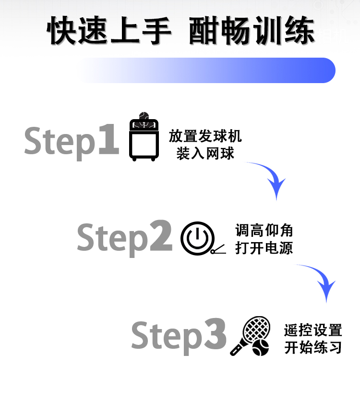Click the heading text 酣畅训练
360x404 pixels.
[x=252, y=31]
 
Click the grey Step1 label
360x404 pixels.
[x=71, y=140]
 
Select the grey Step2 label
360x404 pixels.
[x=124, y=237]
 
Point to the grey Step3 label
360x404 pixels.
[x=179, y=335]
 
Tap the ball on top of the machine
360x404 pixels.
[x=144, y=117]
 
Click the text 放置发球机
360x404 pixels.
[x=205, y=136]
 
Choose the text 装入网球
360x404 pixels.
[x=205, y=154]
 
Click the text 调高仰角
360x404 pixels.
[x=264, y=231]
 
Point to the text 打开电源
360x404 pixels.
[x=264, y=248]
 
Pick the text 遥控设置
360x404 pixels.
[x=313, y=331]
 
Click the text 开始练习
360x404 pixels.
[x=313, y=348]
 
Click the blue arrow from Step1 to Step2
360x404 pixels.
[x=271, y=178]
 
